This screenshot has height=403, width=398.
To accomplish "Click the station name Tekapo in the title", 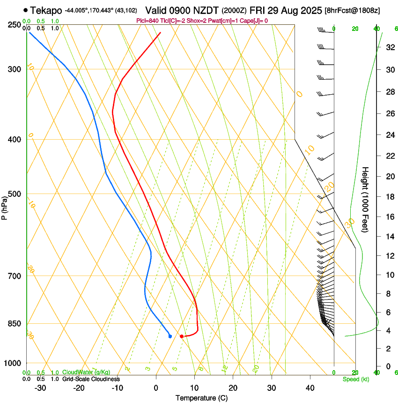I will coord(46,10).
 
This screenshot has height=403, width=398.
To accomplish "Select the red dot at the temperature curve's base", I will coord(182,336).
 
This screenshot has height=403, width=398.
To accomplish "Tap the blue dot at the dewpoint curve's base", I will coord(170,336).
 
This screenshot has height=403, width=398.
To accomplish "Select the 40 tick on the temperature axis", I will coord(310,388).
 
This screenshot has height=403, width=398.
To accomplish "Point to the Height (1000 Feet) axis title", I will coord(366,199).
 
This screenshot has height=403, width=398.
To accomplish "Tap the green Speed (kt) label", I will coord(356,379).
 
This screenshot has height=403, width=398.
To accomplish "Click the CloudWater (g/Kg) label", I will coord(86,372).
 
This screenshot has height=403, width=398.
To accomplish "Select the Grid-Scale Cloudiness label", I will coord(91,379).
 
